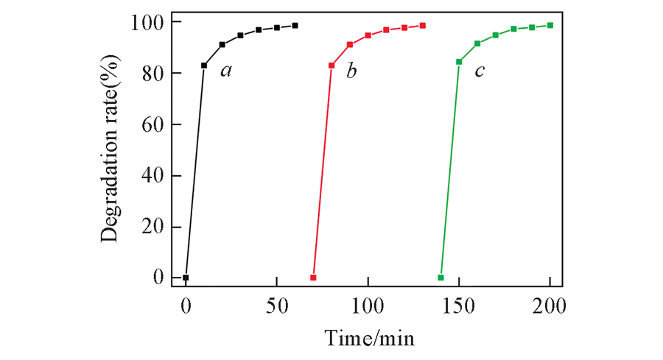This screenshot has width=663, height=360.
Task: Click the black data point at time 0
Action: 186,278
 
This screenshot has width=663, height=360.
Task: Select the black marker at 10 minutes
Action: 204,66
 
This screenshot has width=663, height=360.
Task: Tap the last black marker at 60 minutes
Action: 295,25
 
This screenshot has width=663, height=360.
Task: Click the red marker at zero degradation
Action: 313,278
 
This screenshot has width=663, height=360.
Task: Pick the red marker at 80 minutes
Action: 331,66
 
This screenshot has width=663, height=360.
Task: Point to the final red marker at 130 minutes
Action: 423,25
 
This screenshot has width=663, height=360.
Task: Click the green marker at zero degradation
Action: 441,278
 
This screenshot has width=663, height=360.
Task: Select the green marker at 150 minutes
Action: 459,62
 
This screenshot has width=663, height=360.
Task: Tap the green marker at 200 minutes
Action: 550,25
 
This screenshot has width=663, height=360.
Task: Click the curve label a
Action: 227,71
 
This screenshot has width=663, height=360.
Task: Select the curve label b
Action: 352,71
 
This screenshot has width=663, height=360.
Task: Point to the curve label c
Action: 479,71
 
